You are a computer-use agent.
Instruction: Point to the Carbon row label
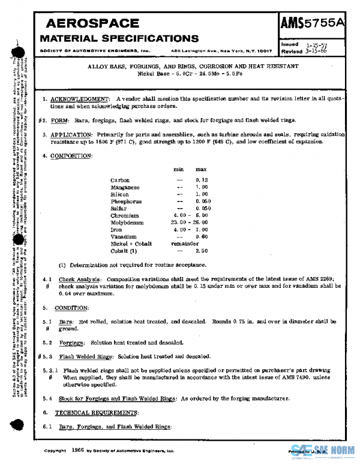point(120,180)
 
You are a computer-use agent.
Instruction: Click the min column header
point(178,170)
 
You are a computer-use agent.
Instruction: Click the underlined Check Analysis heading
point(80,280)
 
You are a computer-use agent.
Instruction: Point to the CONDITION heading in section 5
point(71,308)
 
